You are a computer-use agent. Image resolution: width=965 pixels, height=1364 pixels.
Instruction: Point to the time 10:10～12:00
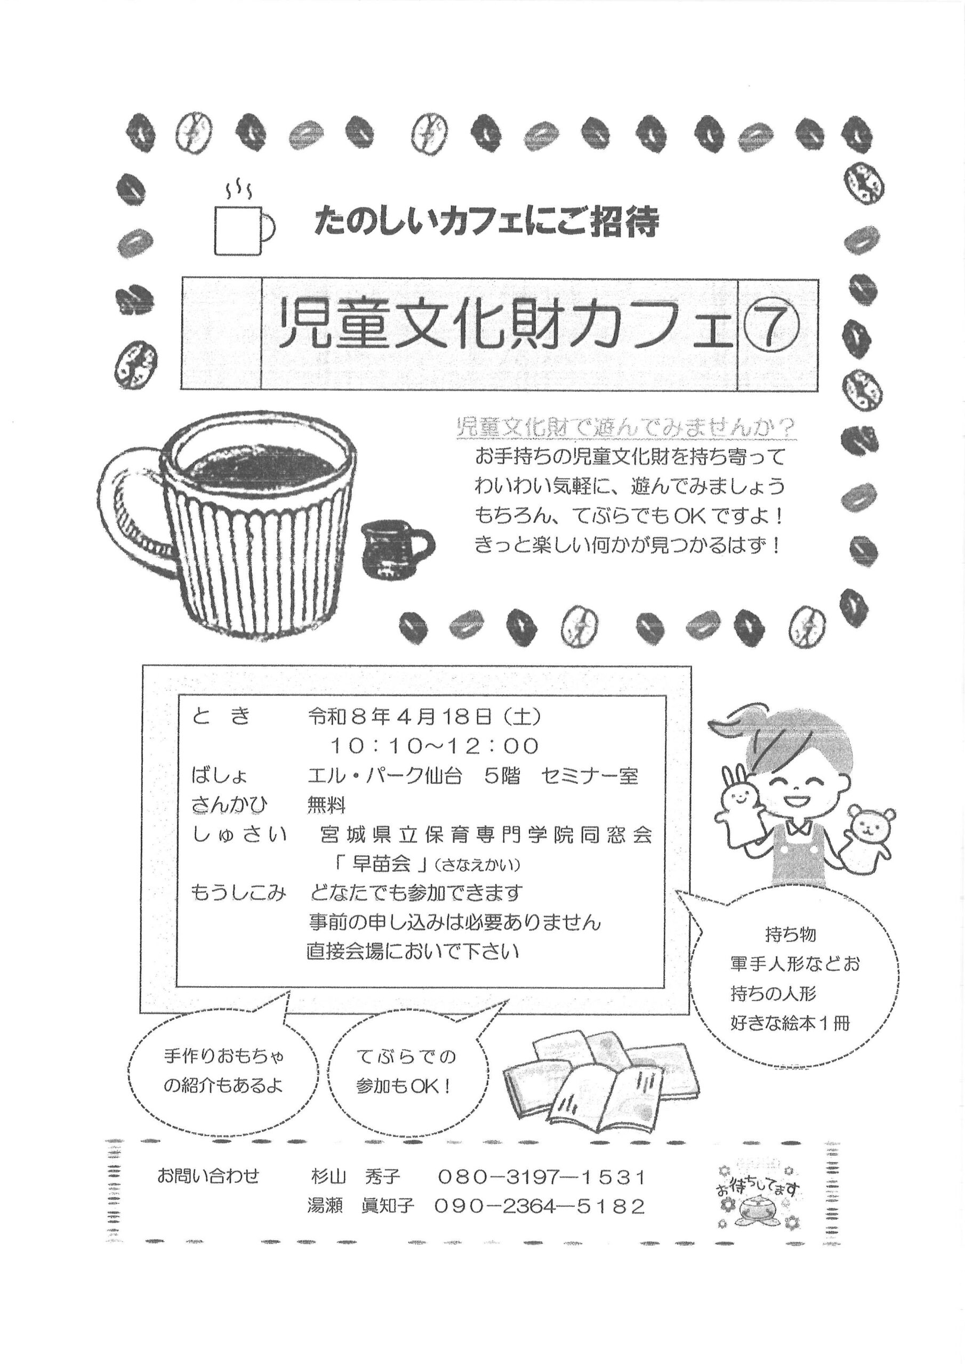coord(435,745)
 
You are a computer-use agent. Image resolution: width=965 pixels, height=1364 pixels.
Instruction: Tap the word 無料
coord(326,805)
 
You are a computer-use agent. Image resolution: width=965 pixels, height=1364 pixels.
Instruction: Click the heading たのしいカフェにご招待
coord(487,222)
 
